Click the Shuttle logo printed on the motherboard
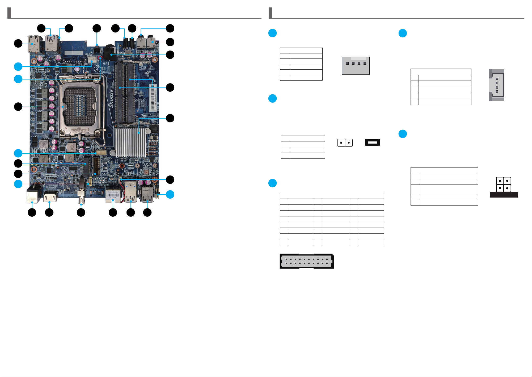(x=111, y=98)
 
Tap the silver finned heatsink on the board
(x=130, y=142)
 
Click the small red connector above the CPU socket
(x=100, y=58)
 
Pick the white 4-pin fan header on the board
(x=92, y=60)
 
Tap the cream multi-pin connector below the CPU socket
(x=101, y=153)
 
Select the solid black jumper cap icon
(x=372, y=143)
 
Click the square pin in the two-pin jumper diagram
(x=341, y=143)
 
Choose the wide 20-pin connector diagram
(x=306, y=261)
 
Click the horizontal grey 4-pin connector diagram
(x=356, y=65)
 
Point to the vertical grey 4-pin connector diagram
(x=496, y=85)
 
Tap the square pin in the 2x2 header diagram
(x=500, y=188)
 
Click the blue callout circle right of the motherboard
(x=170, y=194)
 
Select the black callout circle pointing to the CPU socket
(x=18, y=107)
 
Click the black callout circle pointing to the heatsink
(x=170, y=118)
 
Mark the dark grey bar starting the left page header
(x=9, y=13)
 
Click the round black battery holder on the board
(x=109, y=52)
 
